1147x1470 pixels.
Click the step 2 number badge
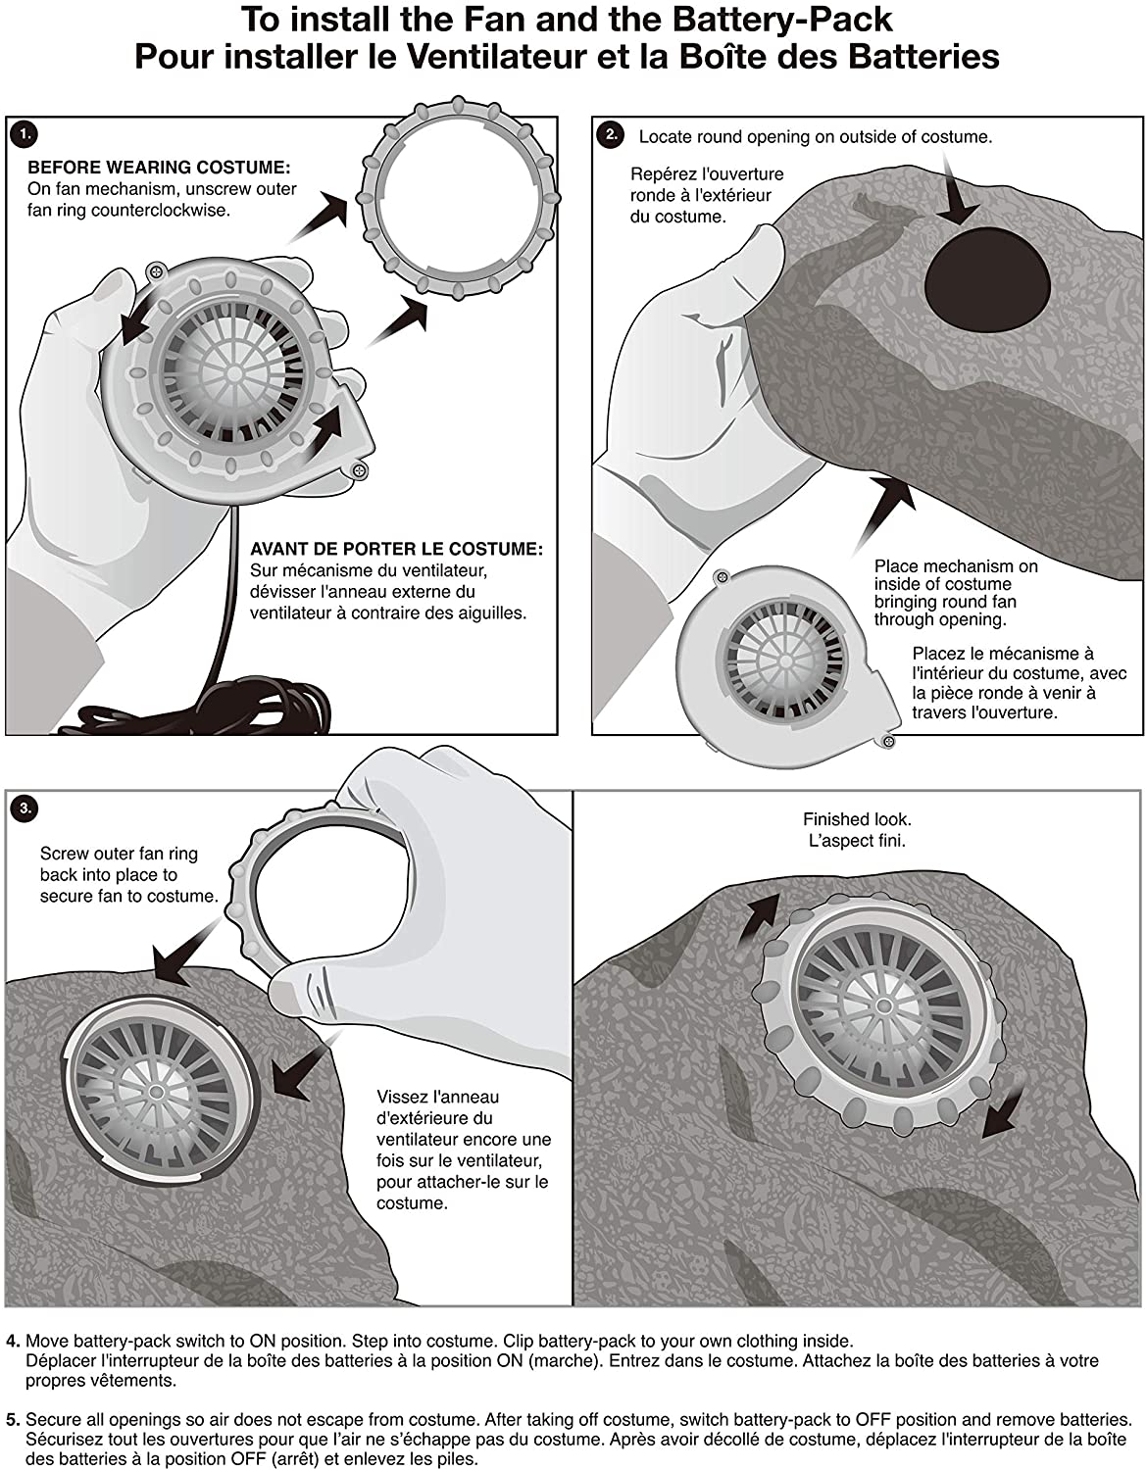point(610,134)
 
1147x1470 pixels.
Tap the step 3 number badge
point(25,808)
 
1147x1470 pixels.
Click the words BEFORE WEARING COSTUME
point(159,168)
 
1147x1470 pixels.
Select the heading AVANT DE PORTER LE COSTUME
point(396,550)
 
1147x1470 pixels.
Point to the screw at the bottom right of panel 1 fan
point(360,472)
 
